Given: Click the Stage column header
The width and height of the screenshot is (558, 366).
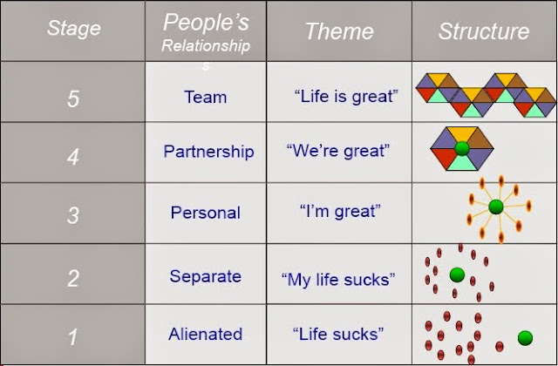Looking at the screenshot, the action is point(73,29).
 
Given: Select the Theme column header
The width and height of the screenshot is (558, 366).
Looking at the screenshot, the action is point(339,31).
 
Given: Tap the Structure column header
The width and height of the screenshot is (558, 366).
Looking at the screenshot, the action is point(484,31).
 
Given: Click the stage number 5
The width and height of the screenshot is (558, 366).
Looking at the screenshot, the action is point(73,98).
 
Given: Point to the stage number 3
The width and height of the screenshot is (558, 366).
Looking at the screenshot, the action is point(73,215).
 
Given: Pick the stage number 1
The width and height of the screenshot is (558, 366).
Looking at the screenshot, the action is point(73,336).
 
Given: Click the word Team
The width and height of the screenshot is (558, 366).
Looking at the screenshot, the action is point(206,97).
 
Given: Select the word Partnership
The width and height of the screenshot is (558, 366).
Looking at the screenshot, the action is point(209,152).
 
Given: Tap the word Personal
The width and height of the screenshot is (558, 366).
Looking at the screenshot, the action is point(206,213).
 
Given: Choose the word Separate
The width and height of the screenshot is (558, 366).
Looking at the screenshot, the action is point(206,276).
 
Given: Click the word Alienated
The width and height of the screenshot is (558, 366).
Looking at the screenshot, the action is point(206,334).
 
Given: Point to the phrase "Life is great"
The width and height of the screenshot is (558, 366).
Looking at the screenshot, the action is point(346,96).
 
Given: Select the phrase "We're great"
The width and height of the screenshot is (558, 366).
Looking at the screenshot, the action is point(338,151).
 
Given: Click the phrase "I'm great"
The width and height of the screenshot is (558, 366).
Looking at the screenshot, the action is point(340,212).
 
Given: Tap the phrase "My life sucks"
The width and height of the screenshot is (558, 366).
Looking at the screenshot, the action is point(338,279).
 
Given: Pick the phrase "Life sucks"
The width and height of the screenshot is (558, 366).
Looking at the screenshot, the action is point(338,334).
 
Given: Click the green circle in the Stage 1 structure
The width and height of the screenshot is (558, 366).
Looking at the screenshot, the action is point(525,338).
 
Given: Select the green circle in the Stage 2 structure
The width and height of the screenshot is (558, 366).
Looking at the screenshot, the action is point(457,275).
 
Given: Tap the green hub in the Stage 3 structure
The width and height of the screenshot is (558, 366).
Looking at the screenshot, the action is point(496,207).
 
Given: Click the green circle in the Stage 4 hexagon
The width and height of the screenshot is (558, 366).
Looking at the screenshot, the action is point(462,148).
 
